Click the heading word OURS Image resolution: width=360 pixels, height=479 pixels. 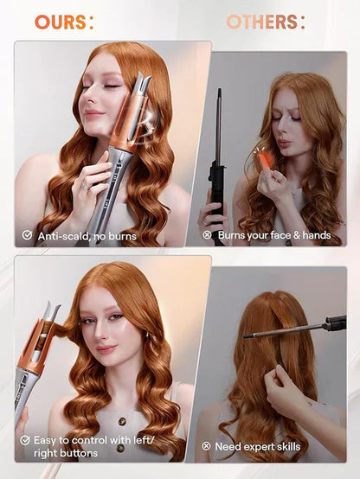[62, 22]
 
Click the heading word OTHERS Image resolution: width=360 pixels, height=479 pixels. [266, 22]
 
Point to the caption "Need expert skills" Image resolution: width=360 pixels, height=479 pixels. [258, 446]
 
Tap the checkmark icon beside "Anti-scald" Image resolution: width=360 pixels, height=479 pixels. [26, 234]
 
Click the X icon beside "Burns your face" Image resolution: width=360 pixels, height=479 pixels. [206, 234]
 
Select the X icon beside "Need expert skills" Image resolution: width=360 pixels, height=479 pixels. [206, 446]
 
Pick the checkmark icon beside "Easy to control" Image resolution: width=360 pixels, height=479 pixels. [26, 440]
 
